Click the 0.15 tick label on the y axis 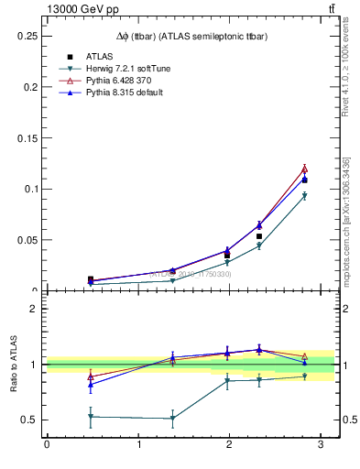click(x=28, y=137)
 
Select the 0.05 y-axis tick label click(x=28, y=240)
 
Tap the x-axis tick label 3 click(x=321, y=445)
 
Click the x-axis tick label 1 click(x=138, y=445)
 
